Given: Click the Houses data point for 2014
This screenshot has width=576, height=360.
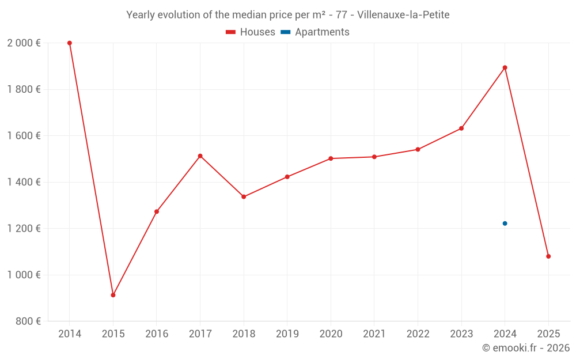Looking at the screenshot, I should (x=70, y=43).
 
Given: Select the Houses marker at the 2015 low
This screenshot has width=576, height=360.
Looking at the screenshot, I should (x=113, y=295).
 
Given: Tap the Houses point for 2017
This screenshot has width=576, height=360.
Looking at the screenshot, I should (x=200, y=156).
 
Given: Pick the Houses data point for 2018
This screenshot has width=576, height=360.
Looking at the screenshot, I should (x=244, y=197).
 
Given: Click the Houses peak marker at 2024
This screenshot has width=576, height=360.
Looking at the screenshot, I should (x=505, y=67).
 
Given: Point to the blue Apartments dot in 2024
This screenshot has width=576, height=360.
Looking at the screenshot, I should (x=505, y=223).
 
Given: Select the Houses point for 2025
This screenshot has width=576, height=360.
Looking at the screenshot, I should (x=548, y=256).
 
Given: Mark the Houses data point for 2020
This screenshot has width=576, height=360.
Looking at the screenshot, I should (x=331, y=158).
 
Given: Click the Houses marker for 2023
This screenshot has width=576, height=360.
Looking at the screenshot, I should (x=461, y=128).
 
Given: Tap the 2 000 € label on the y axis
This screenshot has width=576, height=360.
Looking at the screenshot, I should (x=24, y=43).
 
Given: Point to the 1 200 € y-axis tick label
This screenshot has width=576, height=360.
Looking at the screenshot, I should (x=24, y=229).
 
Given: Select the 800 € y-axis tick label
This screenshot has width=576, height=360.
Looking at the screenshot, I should (x=27, y=321).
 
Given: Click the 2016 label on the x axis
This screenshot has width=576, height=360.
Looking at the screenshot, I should (x=157, y=334).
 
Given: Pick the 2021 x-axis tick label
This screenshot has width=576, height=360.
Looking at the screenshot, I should (x=374, y=334).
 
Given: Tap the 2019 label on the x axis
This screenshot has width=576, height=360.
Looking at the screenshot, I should (x=287, y=334).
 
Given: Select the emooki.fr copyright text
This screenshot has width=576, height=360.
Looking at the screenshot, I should (x=526, y=348).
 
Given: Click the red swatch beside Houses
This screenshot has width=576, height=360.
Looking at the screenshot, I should (x=231, y=32).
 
